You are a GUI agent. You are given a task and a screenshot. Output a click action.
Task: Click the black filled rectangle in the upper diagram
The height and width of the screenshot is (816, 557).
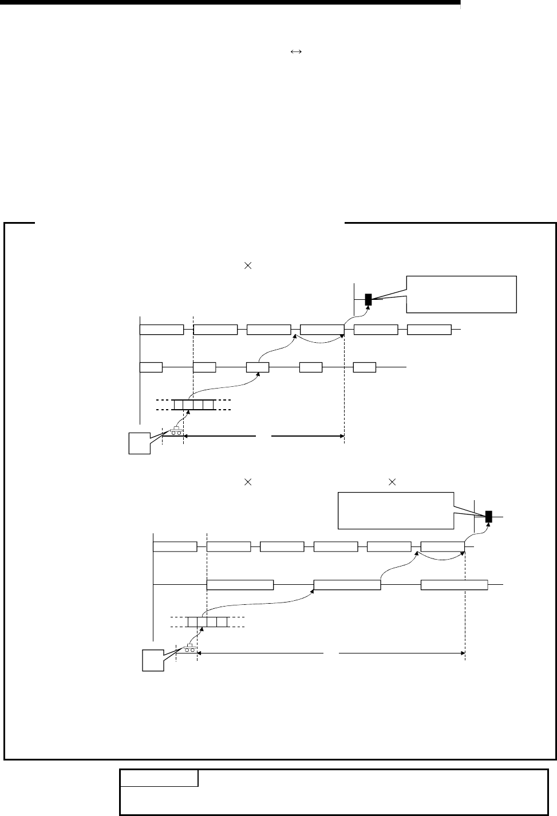click(368, 299)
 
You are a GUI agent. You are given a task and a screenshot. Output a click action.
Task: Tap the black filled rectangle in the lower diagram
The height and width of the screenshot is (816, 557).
click(489, 516)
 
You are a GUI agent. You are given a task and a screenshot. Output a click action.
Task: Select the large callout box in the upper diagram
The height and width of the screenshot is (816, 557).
click(461, 294)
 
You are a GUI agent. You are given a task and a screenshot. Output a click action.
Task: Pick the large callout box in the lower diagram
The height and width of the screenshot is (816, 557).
click(396, 510)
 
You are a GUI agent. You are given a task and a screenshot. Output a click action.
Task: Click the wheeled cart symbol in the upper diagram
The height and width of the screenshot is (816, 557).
click(176, 431)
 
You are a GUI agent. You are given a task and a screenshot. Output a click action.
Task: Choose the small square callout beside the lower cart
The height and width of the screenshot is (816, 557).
click(153, 660)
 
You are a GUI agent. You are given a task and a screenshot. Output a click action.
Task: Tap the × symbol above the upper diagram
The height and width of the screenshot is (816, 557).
click(248, 266)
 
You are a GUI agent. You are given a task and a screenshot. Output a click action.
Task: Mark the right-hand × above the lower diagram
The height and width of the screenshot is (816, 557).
click(392, 483)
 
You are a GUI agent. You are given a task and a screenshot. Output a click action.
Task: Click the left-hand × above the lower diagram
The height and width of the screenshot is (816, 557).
click(248, 483)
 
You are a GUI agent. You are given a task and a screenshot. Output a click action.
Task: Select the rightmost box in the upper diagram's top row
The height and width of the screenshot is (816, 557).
click(429, 330)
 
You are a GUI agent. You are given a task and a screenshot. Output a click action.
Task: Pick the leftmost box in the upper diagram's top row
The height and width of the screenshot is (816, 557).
click(162, 330)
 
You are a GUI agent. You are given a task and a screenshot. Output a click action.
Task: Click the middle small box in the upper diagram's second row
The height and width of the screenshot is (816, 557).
click(258, 367)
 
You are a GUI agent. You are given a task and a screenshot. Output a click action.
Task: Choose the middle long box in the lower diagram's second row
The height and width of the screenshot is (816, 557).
click(347, 584)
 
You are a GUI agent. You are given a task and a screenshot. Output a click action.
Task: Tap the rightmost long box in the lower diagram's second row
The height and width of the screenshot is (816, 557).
click(454, 584)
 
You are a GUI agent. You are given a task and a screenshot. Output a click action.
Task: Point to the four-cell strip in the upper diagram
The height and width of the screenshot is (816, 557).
click(194, 405)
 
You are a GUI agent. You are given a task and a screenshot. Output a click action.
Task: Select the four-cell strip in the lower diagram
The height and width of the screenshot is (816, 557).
click(208, 622)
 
